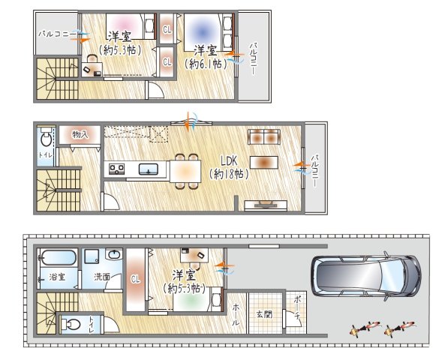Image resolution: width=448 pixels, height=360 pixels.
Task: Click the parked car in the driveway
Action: point(366,276)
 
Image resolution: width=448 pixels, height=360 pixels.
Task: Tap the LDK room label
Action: point(229,161)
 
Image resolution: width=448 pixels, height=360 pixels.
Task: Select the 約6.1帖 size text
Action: point(206,64)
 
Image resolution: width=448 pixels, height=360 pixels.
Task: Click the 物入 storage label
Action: point(80,134)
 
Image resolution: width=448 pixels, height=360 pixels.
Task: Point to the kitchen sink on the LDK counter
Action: point(149,169)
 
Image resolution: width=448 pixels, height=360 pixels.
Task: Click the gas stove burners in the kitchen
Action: point(116,169)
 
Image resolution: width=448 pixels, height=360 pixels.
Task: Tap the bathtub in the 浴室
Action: point(59,258)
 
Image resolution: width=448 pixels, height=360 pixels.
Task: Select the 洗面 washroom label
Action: point(102,277)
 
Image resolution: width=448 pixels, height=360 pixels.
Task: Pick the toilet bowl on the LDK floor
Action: point(46,137)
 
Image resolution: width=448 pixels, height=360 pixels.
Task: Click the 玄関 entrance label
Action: point(264,314)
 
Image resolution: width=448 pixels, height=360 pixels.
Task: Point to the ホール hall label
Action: point(236,315)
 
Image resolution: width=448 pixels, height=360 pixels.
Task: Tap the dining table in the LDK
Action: point(185,171)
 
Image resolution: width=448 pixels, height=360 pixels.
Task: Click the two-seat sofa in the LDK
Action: point(264,136)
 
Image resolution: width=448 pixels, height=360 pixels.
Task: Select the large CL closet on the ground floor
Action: point(135,280)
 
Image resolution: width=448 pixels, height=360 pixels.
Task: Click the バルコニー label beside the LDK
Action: point(315,171)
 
